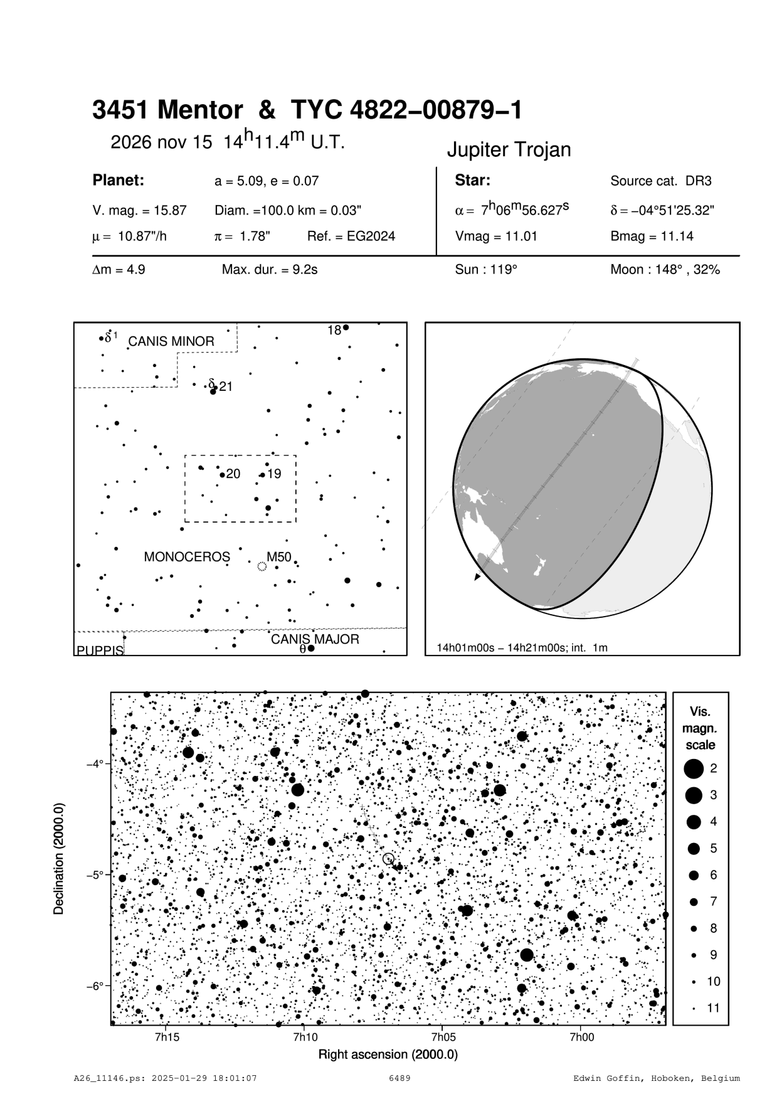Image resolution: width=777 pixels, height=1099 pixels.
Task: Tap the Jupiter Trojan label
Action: tap(509, 150)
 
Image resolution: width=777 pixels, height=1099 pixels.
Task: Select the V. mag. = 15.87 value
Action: tap(139, 211)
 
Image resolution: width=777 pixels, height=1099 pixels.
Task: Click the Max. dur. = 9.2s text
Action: tap(270, 270)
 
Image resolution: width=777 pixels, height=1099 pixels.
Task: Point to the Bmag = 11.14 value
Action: tap(652, 236)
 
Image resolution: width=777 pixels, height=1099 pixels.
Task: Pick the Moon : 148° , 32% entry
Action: tap(665, 270)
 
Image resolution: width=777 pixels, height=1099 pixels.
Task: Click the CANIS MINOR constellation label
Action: tap(171, 342)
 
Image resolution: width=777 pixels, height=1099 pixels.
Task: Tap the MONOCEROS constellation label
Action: tap(187, 557)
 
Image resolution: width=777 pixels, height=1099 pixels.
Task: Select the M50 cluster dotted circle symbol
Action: tap(262, 566)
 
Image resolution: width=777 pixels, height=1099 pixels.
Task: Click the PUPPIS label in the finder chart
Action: tap(100, 650)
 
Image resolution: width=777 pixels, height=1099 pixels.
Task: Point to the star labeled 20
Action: tap(222, 475)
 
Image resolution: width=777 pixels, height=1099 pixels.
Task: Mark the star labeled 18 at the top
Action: tap(346, 327)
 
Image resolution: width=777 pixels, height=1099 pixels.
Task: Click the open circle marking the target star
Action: tap(388, 858)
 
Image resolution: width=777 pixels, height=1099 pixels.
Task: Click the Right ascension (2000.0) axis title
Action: tap(388, 1054)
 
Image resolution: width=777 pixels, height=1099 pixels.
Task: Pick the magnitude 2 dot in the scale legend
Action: tap(693, 768)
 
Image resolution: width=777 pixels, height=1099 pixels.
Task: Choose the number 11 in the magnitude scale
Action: tap(714, 1008)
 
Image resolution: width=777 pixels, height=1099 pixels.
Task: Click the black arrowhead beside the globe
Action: tap(478, 576)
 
